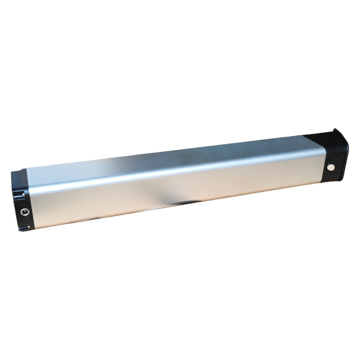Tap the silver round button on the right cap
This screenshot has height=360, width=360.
[x=330, y=168]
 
